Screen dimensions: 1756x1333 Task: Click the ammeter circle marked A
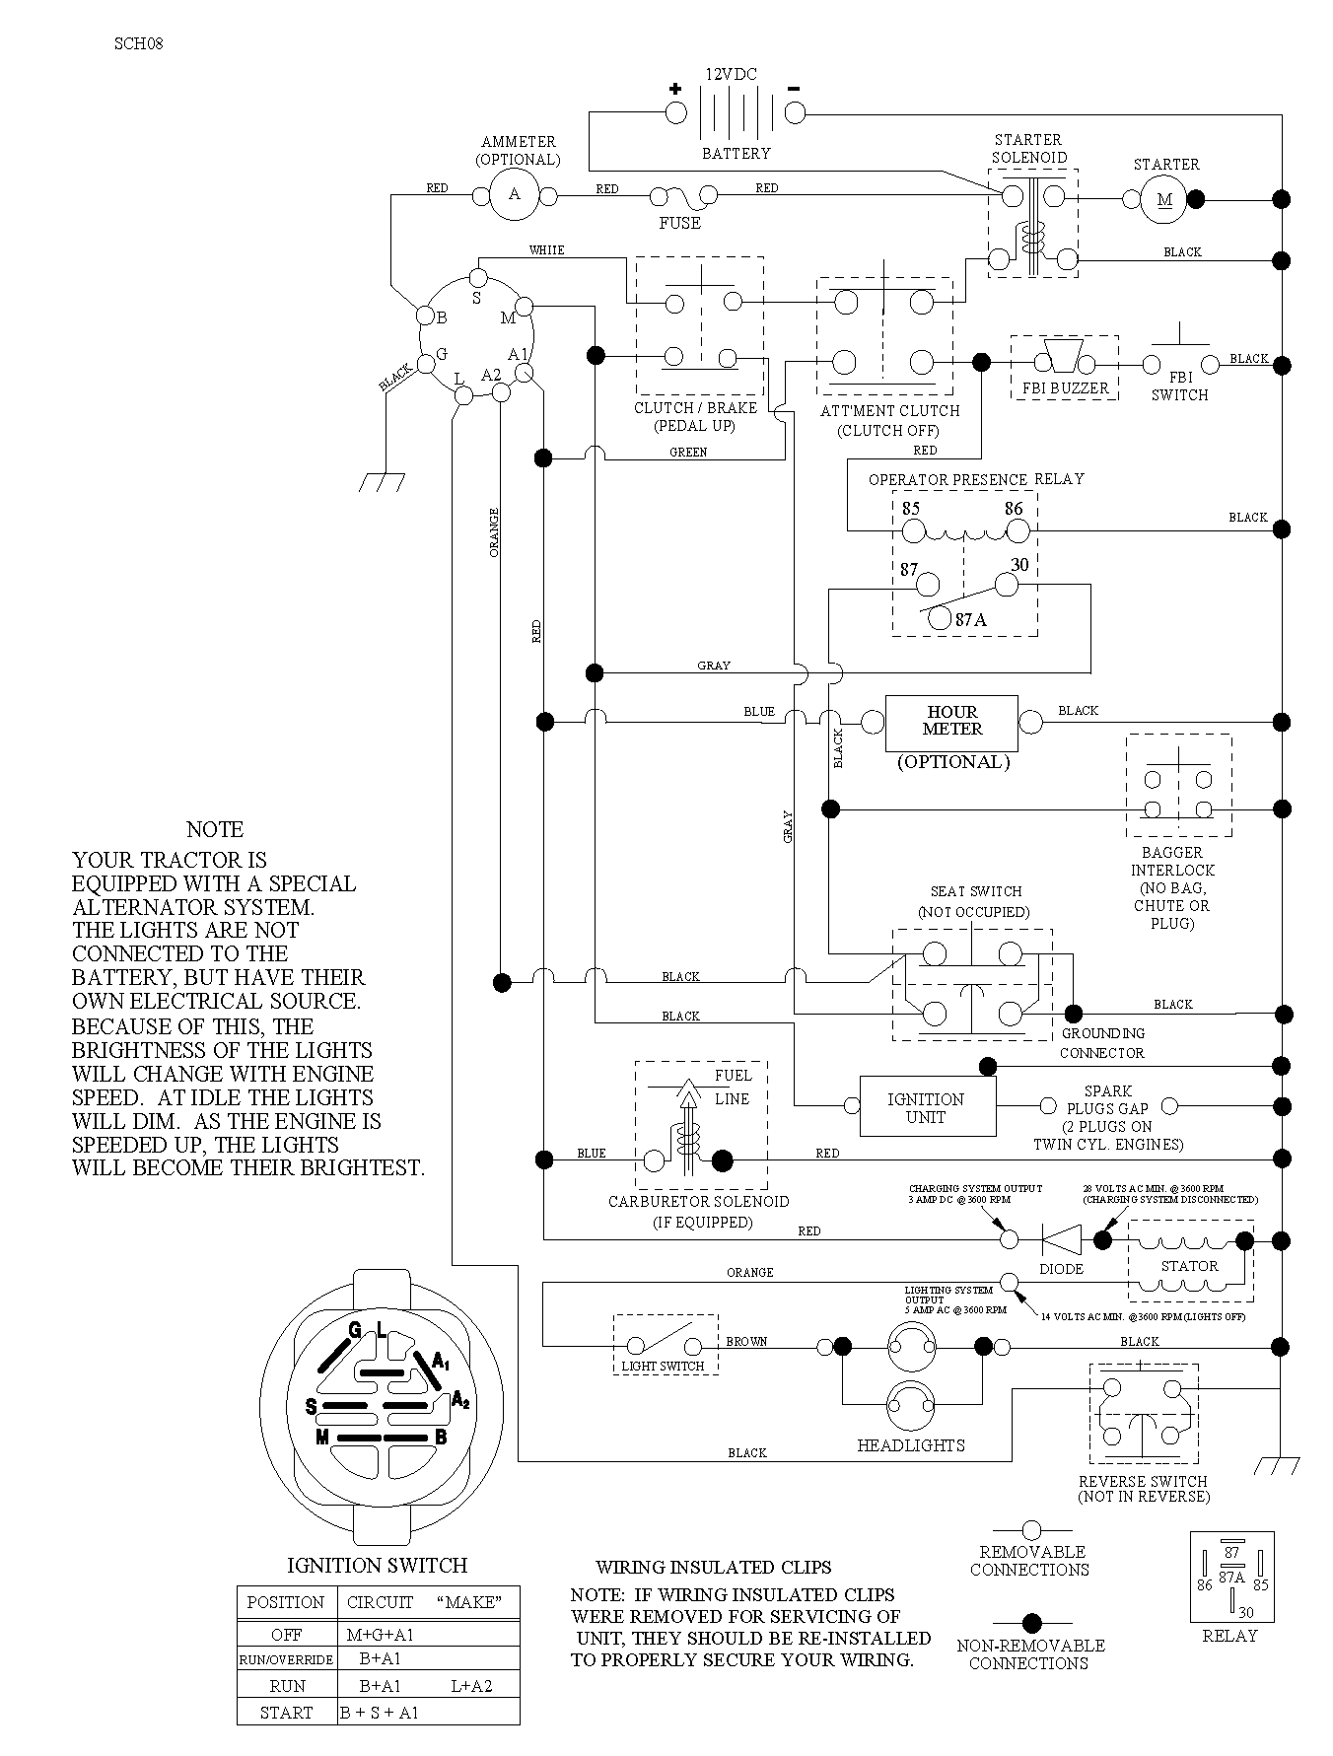click(x=514, y=194)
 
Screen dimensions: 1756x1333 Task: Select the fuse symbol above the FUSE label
click(x=680, y=197)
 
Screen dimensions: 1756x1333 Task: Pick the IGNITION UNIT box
click(x=926, y=1108)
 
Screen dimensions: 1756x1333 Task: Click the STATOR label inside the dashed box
click(x=1189, y=1266)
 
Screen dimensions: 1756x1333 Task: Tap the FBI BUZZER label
click(x=1065, y=388)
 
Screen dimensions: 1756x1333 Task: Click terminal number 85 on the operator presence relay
click(x=910, y=510)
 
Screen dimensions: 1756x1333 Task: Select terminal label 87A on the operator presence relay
click(x=971, y=620)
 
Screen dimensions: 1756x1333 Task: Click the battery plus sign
click(x=675, y=89)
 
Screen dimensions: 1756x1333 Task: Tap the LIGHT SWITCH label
click(x=663, y=1367)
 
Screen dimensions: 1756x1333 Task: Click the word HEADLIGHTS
click(x=911, y=1445)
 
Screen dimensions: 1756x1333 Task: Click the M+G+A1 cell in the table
click(x=381, y=1635)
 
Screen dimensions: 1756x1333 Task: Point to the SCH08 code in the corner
click(x=138, y=43)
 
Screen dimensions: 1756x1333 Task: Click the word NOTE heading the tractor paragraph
click(x=215, y=830)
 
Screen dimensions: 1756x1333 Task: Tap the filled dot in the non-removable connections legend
click(x=1031, y=1621)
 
